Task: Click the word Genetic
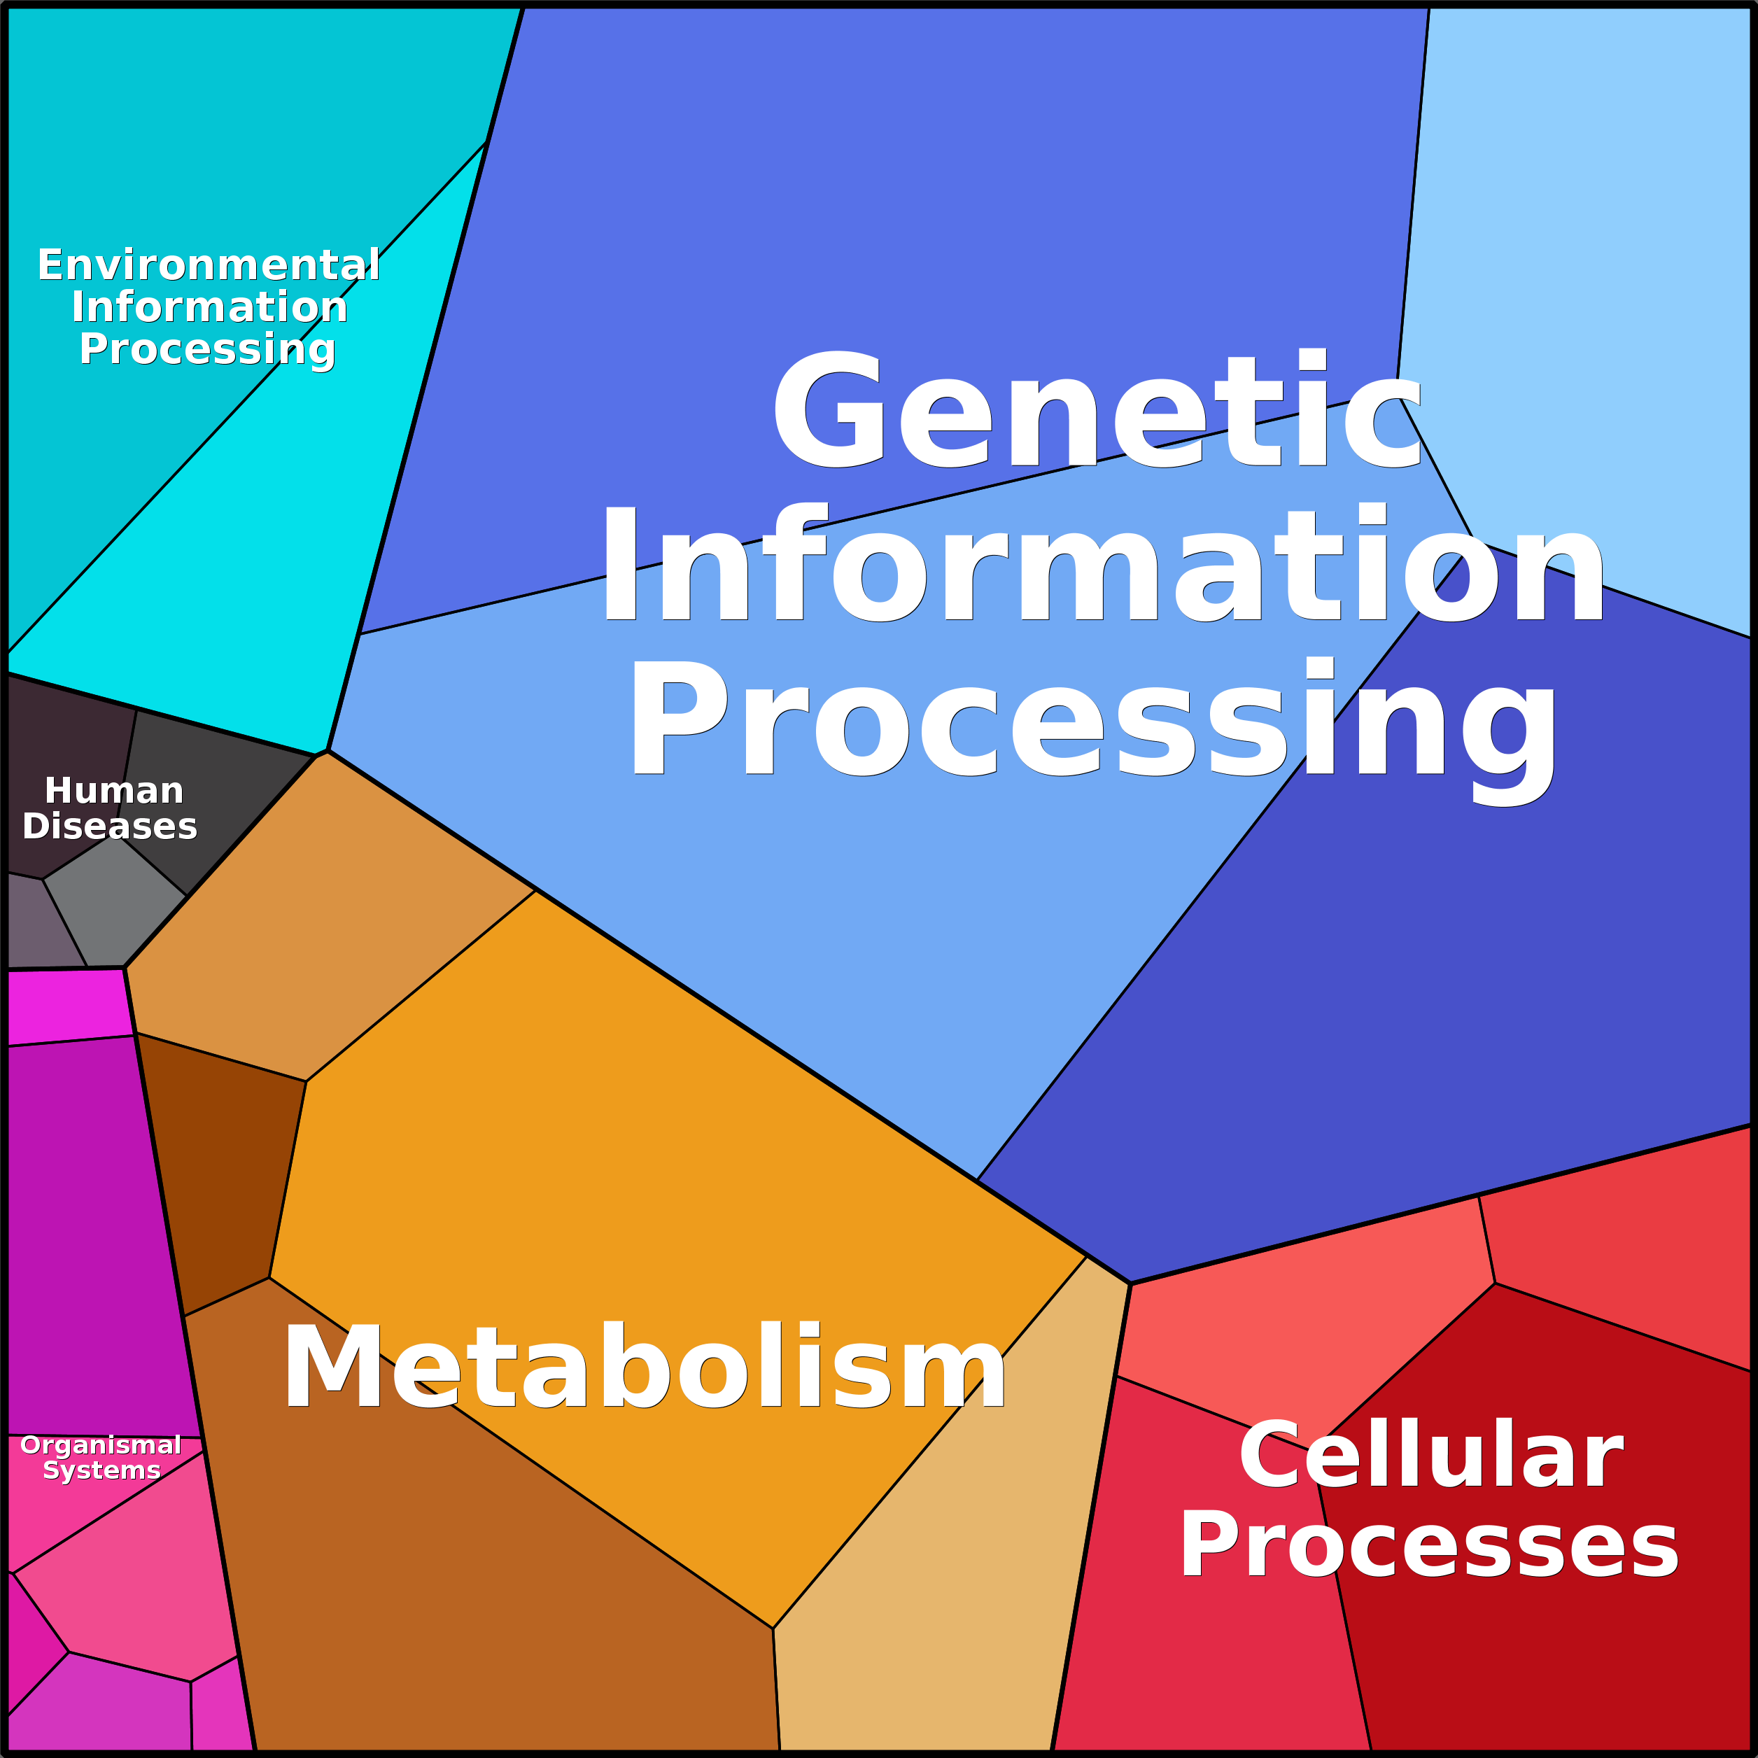pyautogui.click(x=1097, y=409)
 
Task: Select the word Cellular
pyautogui.click(x=1430, y=1455)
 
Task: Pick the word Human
pyautogui.click(x=114, y=791)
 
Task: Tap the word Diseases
pyautogui.click(x=109, y=827)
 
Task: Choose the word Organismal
pyautogui.click(x=101, y=1445)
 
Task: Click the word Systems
pyautogui.click(x=102, y=1470)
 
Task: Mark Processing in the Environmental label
pyautogui.click(x=207, y=349)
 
